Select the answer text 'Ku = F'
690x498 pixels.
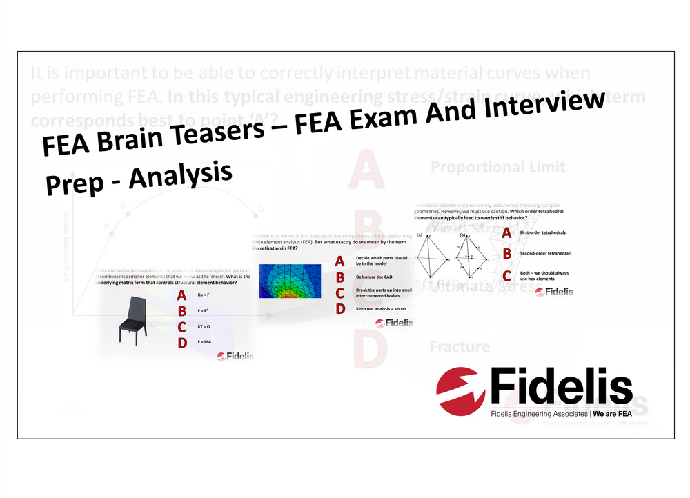(203, 296)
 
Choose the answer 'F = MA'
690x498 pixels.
(204, 342)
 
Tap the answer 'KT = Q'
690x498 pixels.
(204, 327)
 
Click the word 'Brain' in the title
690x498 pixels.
(143, 131)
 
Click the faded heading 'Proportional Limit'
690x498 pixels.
(497, 167)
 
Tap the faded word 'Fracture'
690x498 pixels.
(460, 346)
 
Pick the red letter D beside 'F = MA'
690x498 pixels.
(181, 342)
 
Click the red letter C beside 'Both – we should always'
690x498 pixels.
(507, 275)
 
